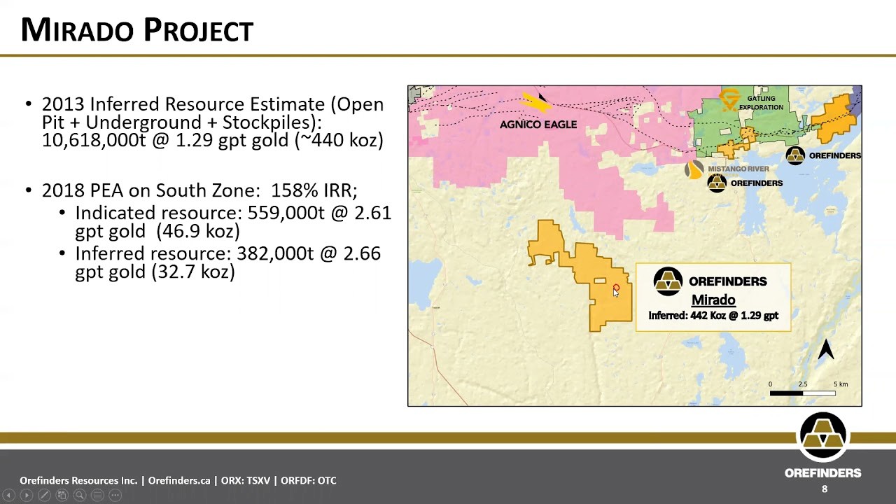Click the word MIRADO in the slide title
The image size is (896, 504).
point(77,30)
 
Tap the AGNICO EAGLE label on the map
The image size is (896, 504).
point(538,125)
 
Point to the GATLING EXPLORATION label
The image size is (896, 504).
point(761,103)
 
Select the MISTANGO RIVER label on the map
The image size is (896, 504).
point(738,169)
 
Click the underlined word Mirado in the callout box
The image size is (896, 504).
point(713,300)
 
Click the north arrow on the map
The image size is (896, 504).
point(825,349)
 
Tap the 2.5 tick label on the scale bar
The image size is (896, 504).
point(802,384)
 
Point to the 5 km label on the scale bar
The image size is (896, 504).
point(841,384)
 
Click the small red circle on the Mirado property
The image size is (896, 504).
point(616,287)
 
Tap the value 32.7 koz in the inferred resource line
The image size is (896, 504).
point(194,272)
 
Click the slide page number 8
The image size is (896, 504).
point(825,489)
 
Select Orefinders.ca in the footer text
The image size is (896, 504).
point(179,480)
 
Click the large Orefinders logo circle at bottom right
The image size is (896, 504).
point(823,437)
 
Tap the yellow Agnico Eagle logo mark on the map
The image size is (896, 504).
point(535,102)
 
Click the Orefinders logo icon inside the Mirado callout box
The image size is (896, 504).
point(668,281)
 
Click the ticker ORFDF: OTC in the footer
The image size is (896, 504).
point(309,480)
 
